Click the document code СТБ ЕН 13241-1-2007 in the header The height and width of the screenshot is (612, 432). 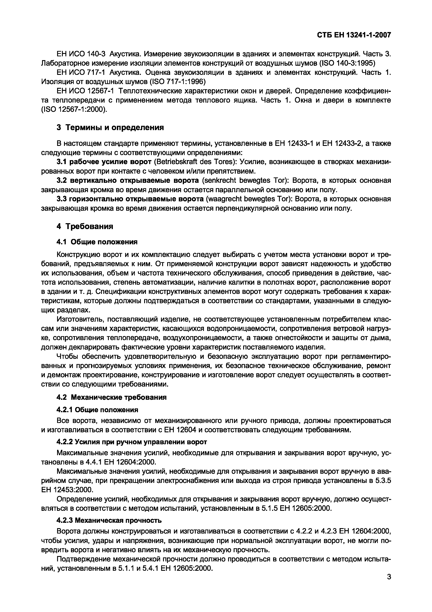(354, 35)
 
